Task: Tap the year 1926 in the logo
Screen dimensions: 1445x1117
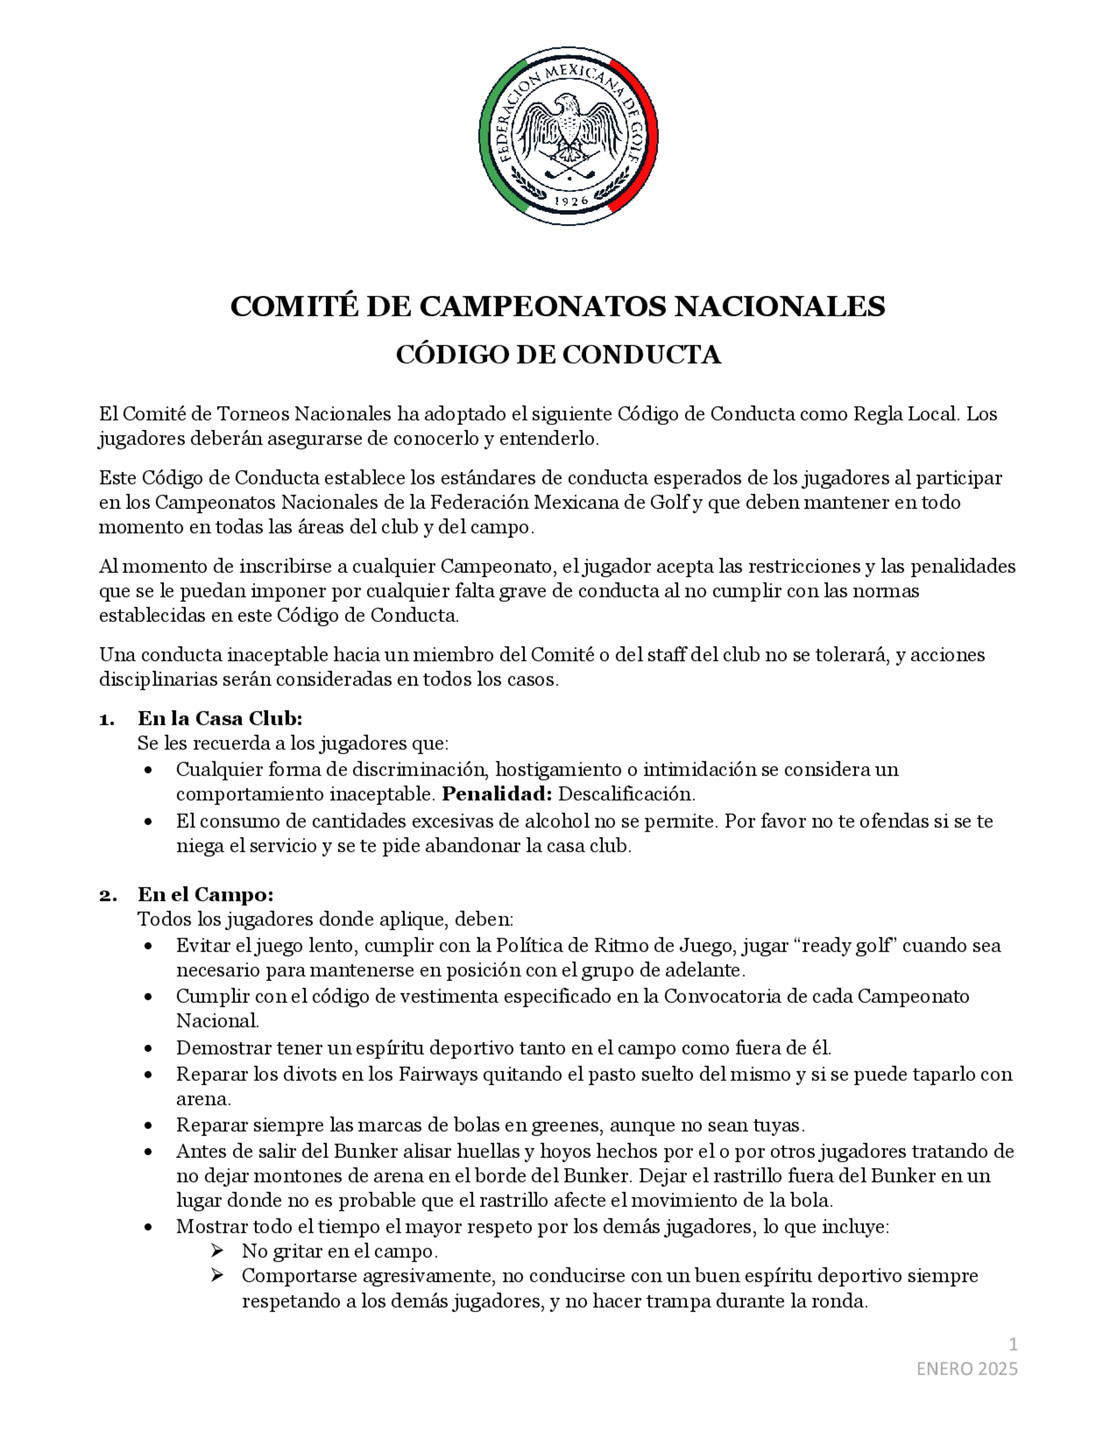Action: click(569, 201)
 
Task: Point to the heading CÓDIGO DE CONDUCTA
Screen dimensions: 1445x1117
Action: click(558, 355)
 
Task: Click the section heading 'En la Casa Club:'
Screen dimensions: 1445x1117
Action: click(219, 718)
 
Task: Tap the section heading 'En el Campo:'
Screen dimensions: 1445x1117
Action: click(205, 894)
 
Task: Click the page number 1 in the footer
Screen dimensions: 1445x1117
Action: click(1013, 1344)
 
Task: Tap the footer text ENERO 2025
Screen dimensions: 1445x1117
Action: click(966, 1369)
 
